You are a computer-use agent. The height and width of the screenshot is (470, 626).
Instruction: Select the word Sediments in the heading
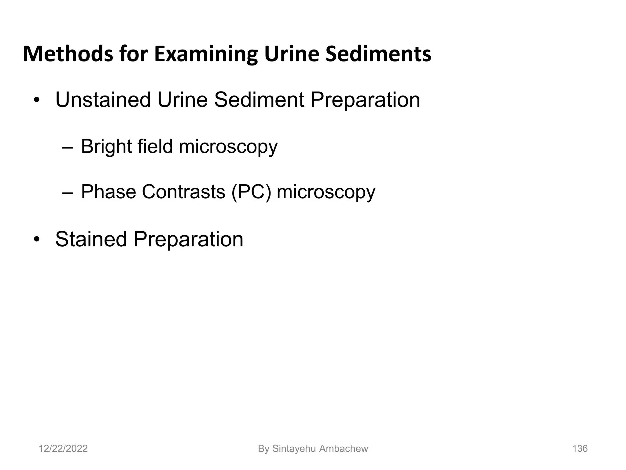coord(378,54)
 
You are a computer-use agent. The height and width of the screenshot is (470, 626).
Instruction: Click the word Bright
coord(106,146)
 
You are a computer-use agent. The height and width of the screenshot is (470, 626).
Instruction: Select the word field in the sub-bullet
coord(155,146)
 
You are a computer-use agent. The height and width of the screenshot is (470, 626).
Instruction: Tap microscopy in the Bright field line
coord(228,147)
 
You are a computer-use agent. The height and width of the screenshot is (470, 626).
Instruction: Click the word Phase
coord(109,192)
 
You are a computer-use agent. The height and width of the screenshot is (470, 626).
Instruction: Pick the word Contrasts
coord(183,192)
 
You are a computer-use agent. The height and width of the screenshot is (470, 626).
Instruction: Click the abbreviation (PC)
coord(251,192)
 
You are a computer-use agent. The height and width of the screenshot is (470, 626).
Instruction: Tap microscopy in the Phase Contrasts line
coord(326,192)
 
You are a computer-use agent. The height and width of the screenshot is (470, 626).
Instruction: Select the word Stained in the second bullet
coord(91,239)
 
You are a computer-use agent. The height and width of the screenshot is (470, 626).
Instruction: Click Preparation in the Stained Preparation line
coord(188,240)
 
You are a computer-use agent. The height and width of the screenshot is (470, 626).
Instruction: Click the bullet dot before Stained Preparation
coord(37,240)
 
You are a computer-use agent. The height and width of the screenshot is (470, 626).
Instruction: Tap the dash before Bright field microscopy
coord(67,148)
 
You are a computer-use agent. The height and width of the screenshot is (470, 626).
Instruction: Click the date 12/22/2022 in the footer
coord(63,449)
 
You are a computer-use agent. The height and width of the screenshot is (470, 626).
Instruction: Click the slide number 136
coord(580,449)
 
